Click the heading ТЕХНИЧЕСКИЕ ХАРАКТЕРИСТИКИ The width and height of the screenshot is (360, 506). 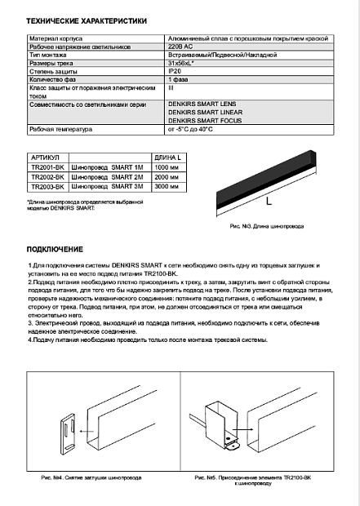click(x=87, y=21)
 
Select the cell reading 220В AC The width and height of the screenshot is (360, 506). click(x=180, y=47)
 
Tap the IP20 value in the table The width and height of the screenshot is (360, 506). click(x=175, y=71)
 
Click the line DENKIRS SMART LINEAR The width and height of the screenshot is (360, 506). click(x=206, y=113)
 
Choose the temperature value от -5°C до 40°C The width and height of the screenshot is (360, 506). click(x=190, y=130)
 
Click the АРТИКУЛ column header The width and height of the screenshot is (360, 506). click(x=45, y=158)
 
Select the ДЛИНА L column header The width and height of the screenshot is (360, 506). click(x=167, y=158)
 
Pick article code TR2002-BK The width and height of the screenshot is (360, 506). click(x=48, y=177)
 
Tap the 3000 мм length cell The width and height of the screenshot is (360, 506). click(x=167, y=186)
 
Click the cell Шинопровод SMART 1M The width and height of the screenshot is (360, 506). click(x=107, y=167)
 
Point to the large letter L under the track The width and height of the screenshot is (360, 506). click(x=269, y=202)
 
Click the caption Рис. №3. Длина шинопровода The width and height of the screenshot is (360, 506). click(x=267, y=226)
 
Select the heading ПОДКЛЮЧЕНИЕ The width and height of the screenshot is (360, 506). click(x=55, y=250)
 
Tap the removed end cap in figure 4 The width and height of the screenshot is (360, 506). click(x=68, y=434)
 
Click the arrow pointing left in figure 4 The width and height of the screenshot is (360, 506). click(x=87, y=431)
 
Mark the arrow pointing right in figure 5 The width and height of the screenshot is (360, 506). click(x=242, y=429)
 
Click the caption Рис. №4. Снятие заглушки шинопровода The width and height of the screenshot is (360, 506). click(x=91, y=477)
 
